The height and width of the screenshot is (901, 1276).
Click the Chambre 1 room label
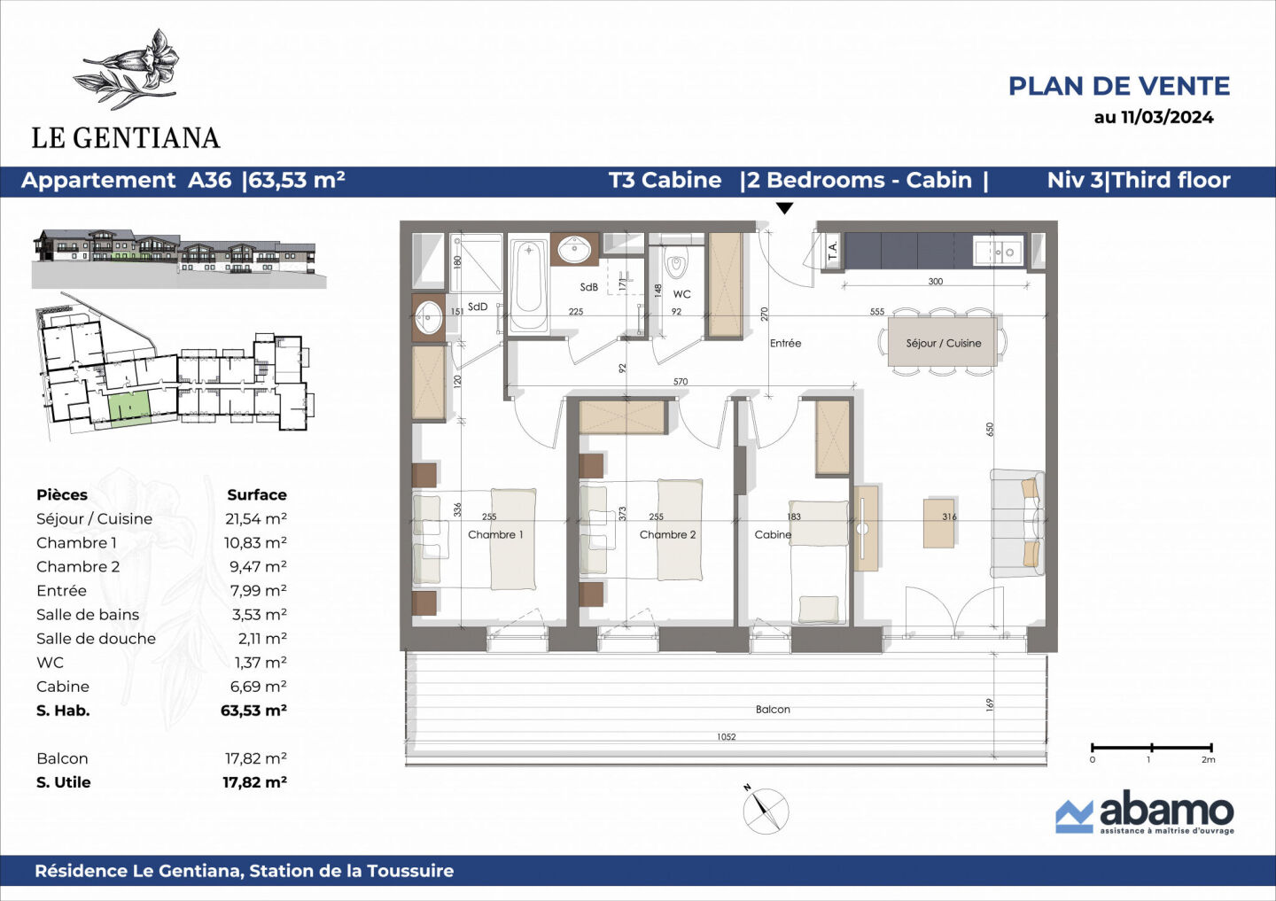495,534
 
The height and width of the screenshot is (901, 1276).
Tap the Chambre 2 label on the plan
667,534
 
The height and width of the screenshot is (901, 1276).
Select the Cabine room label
773,534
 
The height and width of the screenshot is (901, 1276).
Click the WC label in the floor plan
681,294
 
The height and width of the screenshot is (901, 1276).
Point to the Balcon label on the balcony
773,709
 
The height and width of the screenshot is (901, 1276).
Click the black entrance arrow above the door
784,209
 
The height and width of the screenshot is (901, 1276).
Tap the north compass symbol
765,809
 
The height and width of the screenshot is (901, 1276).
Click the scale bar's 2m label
1208,759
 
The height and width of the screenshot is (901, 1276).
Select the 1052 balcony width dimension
726,736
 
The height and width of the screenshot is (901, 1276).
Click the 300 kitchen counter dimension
935,282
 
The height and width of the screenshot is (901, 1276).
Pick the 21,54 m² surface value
255,519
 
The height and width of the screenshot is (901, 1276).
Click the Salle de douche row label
96,639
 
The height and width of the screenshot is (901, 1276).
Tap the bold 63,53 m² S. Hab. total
253,711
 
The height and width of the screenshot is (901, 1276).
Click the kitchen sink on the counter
1003,252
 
